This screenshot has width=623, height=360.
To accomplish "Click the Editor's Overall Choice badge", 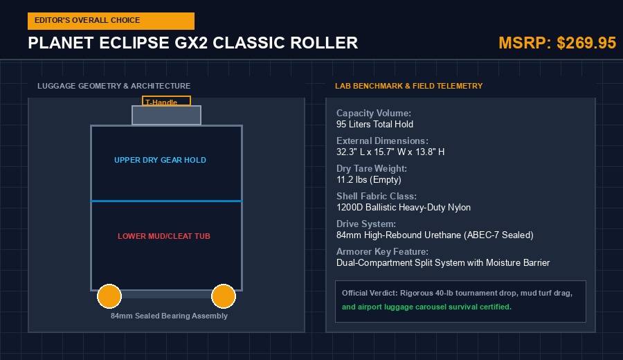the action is tap(111, 21).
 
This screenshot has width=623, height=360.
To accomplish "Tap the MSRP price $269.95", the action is tap(586, 43).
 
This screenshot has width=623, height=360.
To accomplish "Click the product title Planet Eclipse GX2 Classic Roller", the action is tap(192, 43).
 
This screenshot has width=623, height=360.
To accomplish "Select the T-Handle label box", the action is tap(166, 101).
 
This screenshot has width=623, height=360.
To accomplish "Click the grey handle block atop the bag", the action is tap(166, 115).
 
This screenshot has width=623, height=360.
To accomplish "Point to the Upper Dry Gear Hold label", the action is tap(160, 160).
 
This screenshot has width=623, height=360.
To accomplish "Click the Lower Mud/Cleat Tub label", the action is tap(163, 236).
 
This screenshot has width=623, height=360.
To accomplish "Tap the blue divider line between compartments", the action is tap(166, 201).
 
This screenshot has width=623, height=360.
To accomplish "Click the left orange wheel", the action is tap(109, 296).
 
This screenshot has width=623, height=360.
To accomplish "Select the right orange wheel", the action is tap(224, 296).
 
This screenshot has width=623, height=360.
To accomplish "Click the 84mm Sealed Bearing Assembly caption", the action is tap(170, 316).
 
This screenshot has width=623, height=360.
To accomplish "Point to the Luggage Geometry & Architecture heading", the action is tap(114, 86).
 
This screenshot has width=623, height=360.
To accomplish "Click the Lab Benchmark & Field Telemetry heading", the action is tap(409, 86).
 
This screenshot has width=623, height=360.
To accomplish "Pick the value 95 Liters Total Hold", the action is tap(374, 125).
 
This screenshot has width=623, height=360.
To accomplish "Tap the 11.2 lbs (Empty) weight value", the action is tap(369, 179).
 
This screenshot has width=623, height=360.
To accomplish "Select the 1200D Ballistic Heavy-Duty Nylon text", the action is tap(404, 208).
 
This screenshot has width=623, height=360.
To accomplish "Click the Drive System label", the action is tap(366, 224).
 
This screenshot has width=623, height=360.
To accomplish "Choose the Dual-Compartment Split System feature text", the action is tap(443, 262).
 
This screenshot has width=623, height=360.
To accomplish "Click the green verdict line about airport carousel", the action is tap(426, 307).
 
